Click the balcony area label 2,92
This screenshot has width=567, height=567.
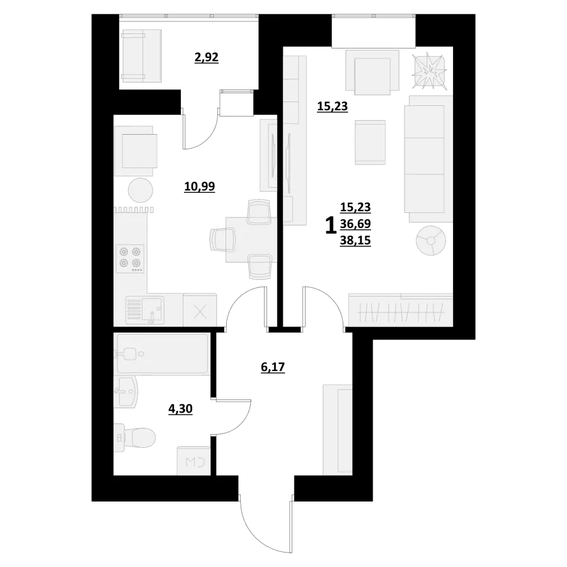click(207, 57)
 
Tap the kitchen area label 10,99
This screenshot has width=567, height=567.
click(200, 186)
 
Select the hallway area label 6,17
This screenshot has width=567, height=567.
click(273, 367)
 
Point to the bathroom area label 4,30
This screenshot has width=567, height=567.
click(180, 409)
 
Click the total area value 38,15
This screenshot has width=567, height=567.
click(355, 241)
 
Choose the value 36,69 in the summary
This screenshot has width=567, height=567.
click(355, 224)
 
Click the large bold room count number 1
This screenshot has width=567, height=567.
click(329, 226)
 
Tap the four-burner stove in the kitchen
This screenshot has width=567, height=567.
click(130, 258)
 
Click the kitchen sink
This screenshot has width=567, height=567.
click(145, 310)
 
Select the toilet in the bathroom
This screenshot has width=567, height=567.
click(135, 438)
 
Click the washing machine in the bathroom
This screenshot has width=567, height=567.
click(194, 461)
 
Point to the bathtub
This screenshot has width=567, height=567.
click(161, 353)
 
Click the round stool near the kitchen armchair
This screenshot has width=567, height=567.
click(140, 190)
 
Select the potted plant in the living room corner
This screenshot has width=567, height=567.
click(430, 72)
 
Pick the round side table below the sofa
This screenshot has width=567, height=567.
click(431, 241)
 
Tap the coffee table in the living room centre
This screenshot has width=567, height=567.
click(370, 142)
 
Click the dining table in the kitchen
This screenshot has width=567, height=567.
click(251, 239)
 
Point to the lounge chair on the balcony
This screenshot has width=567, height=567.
click(141, 56)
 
